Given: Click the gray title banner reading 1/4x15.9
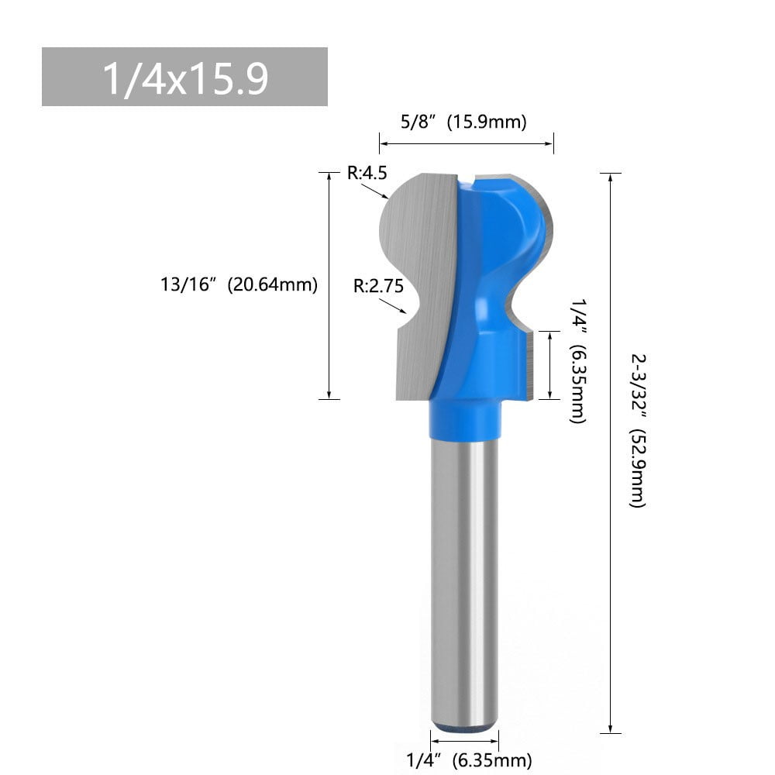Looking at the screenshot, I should tap(184, 77).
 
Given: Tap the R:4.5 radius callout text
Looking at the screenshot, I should tap(367, 174).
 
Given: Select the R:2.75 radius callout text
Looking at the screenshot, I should tap(378, 286).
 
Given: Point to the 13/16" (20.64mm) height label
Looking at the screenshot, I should tap(239, 284).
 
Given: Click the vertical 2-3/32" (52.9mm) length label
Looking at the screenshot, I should tap(637, 431).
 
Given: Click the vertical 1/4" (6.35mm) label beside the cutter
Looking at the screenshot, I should tap(577, 361).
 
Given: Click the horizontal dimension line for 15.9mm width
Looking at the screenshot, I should tap(466, 143).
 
